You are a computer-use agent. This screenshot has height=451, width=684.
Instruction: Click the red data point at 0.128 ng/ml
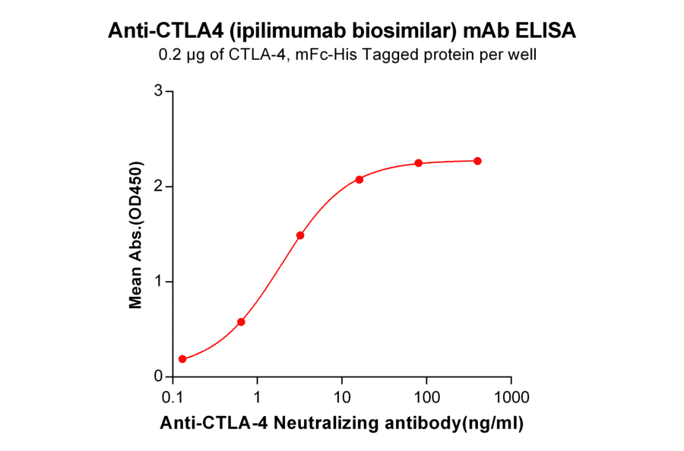[x=182, y=359]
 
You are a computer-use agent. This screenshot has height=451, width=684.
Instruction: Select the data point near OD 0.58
[x=241, y=322]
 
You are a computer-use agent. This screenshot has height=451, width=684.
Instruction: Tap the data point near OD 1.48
[x=300, y=235]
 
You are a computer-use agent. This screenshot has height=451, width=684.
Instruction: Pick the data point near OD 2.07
[x=359, y=179]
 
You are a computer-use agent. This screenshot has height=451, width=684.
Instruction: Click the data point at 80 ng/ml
[x=418, y=163]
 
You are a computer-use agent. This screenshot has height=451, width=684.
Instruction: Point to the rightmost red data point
[x=477, y=161]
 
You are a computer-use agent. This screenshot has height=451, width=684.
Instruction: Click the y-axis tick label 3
[x=159, y=91]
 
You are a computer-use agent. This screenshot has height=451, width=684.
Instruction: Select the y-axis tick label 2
[x=159, y=186]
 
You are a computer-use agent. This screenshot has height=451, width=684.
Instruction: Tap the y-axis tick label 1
[x=159, y=282]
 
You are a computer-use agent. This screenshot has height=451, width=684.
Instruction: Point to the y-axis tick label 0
[x=159, y=377]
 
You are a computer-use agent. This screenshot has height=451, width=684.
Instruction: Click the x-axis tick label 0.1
[x=174, y=397]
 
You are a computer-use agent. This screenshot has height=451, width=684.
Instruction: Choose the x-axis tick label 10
[x=342, y=397]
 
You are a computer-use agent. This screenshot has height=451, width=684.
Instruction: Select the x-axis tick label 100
[x=426, y=397]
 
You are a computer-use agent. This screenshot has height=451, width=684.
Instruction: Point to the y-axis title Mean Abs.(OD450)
[x=136, y=235]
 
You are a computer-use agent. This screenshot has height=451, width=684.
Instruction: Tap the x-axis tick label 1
[x=258, y=397]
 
